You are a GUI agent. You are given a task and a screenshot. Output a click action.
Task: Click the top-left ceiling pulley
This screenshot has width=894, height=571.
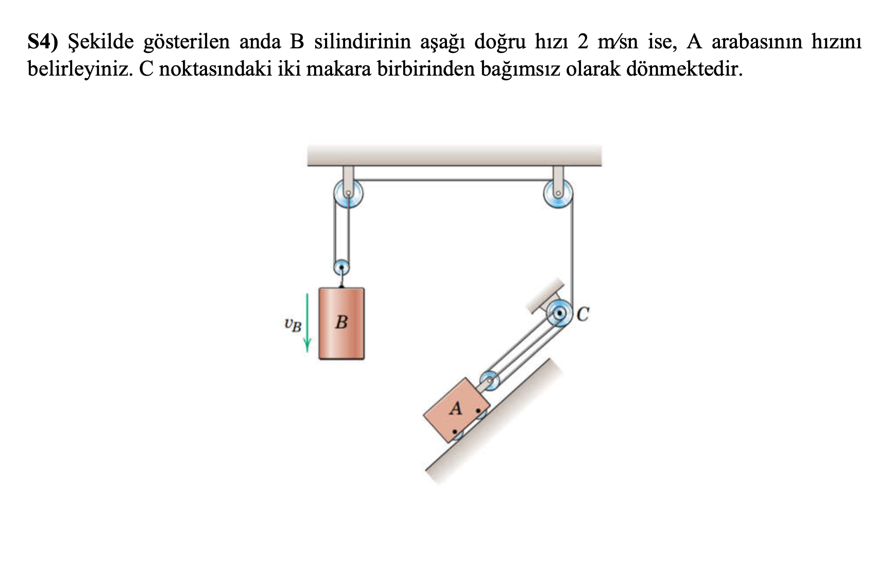(349, 194)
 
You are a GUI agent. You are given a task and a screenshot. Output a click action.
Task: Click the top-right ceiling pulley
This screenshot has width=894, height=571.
(558, 194)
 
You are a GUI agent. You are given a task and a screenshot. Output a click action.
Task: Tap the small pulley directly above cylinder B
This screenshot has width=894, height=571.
(341, 267)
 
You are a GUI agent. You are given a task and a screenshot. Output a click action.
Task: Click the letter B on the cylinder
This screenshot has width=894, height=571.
(341, 323)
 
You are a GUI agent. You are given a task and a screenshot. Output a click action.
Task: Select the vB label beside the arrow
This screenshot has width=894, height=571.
(293, 324)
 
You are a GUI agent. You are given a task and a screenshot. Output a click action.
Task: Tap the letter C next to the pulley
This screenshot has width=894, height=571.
(582, 313)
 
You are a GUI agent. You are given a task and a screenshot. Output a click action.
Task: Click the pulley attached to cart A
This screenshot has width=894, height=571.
(490, 381)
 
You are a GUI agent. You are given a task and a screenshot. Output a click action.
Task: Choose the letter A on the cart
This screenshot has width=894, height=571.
(456, 409)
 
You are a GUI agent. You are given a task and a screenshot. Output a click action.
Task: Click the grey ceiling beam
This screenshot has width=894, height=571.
(454, 155)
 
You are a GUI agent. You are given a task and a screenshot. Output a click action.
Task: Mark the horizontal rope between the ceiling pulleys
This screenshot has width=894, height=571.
(453, 180)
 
